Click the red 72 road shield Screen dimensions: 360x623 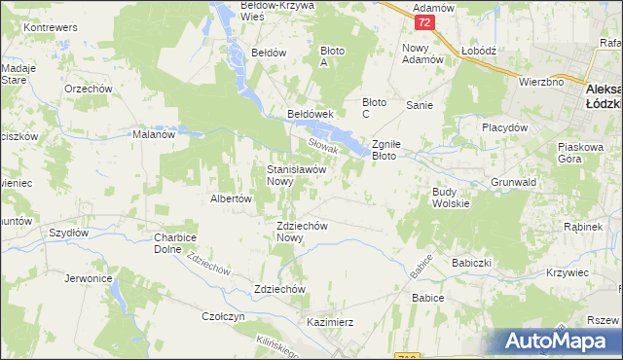(x=422, y=21)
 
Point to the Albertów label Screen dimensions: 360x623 (x=232, y=198)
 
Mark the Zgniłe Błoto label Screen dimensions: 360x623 (x=397, y=149)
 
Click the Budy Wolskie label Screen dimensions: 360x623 (x=451, y=198)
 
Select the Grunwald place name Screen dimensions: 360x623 (x=515, y=181)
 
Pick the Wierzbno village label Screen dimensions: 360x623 (x=541, y=83)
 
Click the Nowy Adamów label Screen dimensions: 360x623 (x=422, y=54)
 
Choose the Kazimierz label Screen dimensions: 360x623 (x=329, y=321)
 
